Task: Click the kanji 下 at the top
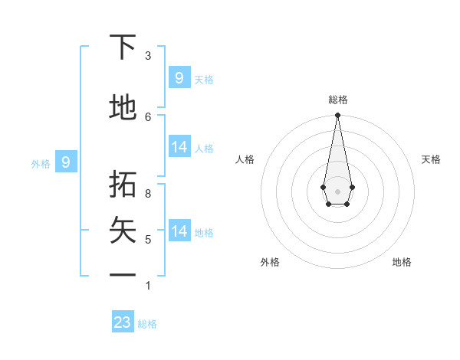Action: click(x=123, y=47)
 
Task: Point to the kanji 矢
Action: click(x=123, y=231)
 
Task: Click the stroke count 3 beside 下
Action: click(x=148, y=55)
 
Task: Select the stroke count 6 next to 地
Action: click(x=148, y=116)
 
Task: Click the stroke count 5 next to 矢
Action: click(x=148, y=240)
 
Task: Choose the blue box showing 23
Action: click(x=123, y=322)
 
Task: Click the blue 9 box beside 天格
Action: click(x=179, y=77)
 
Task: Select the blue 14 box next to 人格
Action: click(x=179, y=147)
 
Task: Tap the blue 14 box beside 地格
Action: click(x=179, y=231)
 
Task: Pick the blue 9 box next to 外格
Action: click(x=66, y=162)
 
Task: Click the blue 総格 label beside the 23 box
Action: click(x=147, y=324)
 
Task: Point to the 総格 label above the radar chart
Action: click(x=338, y=100)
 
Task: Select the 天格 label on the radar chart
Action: click(x=431, y=159)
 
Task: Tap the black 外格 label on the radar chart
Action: click(x=270, y=262)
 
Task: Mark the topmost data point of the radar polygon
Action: click(x=337, y=116)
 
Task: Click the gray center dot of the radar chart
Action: click(x=337, y=191)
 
